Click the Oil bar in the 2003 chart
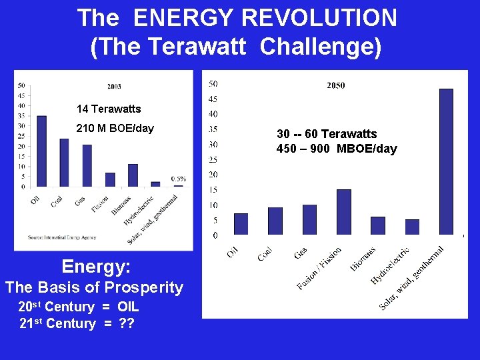tap(41, 151)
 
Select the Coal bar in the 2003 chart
tap(64, 163)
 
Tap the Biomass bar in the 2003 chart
tap(133, 175)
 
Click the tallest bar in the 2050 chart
tap(446, 161)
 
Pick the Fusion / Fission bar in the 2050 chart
tap(343, 212)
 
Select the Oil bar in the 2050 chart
tap(241, 224)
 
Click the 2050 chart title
tap(336, 85)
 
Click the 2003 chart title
tap(114, 87)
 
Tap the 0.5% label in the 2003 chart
tap(178, 179)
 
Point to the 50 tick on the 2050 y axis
tap(213, 83)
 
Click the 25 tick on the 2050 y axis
tap(213, 159)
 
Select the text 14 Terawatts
tap(109, 109)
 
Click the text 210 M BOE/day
tap(115, 128)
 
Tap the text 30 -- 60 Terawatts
tap(327, 134)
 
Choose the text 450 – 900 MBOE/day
tap(337, 149)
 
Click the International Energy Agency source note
tap(62, 237)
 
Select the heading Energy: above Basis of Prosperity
tap(96, 267)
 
